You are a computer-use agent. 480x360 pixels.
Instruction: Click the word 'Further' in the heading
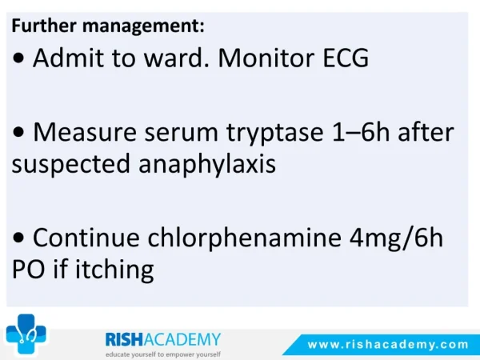44,26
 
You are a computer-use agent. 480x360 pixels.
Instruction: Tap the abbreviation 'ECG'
346,58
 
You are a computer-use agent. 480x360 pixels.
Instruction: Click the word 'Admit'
68,58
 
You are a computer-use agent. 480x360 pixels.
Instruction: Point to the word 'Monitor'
266,58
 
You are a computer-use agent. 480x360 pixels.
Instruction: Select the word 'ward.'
177,58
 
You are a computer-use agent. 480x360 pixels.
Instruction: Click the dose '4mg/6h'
397,238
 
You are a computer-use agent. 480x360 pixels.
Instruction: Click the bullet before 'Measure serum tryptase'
18,132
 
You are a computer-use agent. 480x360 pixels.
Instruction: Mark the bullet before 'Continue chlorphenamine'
18,238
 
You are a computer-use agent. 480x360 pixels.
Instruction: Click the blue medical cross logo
26,334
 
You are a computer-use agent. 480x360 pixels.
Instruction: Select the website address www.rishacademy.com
388,345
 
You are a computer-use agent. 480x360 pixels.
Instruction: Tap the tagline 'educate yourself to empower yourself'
163,354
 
